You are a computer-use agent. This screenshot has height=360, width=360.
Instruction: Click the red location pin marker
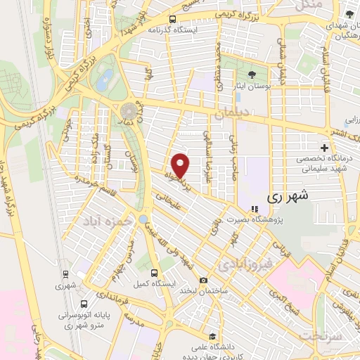coord(181,165)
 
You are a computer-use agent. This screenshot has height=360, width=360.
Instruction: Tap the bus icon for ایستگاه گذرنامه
coord(173,19)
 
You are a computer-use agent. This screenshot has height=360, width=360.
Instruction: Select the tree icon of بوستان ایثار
coord(252,74)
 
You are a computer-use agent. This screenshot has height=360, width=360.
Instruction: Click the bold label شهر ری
coord(288,198)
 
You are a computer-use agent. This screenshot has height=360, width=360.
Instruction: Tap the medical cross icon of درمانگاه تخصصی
coord(324,148)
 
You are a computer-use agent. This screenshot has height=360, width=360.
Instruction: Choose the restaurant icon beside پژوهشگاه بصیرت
coord(255,209)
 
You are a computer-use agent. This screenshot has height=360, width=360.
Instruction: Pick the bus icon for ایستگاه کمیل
coord(153,273)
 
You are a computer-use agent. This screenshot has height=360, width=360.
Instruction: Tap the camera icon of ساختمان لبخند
coord(203,280)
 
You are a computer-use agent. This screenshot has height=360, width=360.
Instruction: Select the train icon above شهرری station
coord(65,275)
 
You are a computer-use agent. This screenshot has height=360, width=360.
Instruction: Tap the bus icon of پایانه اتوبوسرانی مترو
coord(84,304)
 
